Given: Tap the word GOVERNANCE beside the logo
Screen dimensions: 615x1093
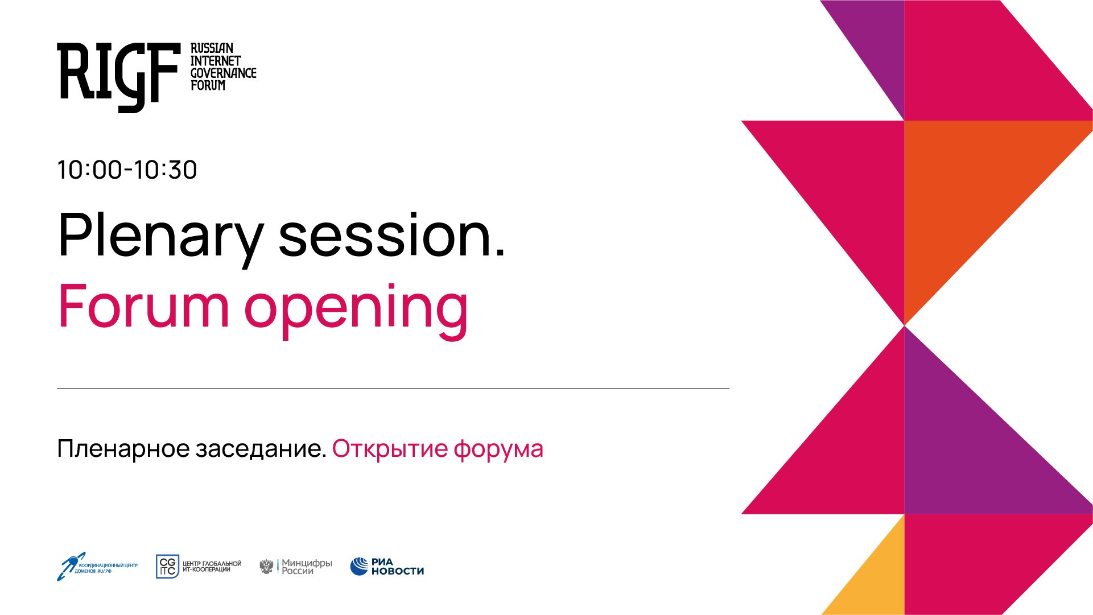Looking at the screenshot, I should [x=223, y=73].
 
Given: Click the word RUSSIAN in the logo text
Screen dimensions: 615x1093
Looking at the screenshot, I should [x=212, y=48].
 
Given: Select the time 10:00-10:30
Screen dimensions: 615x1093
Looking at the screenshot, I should [x=127, y=170].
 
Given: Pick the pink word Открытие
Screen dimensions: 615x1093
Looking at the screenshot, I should [x=390, y=449].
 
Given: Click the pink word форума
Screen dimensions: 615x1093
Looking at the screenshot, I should [x=498, y=449].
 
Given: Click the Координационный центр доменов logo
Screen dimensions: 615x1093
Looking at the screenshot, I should [x=97, y=567].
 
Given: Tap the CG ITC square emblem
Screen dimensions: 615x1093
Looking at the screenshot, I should [x=167, y=567].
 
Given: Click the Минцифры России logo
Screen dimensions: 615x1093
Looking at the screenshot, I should [x=296, y=567].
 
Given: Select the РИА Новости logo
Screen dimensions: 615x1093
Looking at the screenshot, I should [x=387, y=567].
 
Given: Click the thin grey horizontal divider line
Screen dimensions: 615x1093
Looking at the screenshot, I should [x=393, y=389].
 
